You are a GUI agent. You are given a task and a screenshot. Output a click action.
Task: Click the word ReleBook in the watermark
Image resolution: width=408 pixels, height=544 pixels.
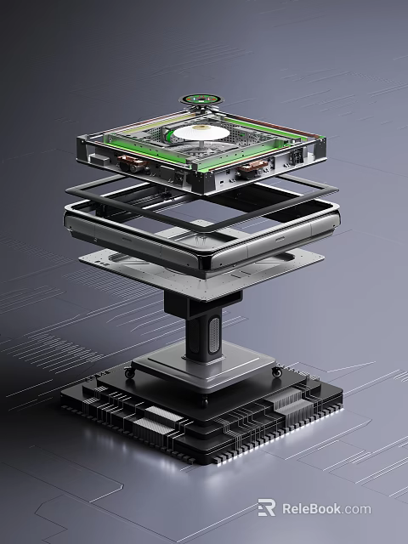(x=312, y=508)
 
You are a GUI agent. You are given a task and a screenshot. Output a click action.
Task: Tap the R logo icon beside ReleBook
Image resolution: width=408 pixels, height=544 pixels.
(x=266, y=508)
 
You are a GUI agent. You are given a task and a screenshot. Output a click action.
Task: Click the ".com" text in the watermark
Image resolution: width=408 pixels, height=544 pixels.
(x=358, y=508)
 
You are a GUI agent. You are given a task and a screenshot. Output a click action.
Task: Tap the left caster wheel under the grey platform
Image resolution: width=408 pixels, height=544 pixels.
(x=129, y=372)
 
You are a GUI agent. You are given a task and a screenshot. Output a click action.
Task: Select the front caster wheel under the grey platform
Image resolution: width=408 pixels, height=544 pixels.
(x=202, y=401)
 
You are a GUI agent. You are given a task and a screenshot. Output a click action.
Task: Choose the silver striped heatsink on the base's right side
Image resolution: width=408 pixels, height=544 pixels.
(x=289, y=409)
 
